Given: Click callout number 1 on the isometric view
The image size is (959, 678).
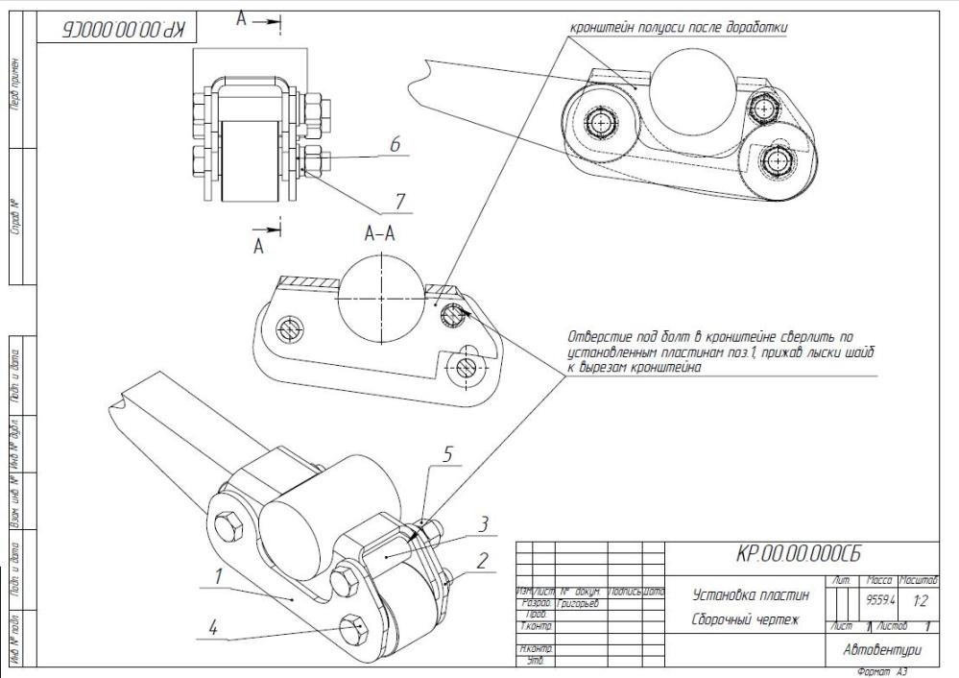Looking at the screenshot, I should [220, 577].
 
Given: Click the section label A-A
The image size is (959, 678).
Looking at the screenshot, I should [381, 232].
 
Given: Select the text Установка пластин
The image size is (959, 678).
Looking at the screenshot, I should [743, 595].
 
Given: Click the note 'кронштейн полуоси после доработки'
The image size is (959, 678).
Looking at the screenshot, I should [679, 28].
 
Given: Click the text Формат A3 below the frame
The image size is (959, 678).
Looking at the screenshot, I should [882, 671].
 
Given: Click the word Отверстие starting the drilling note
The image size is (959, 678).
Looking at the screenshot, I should [596, 336].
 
